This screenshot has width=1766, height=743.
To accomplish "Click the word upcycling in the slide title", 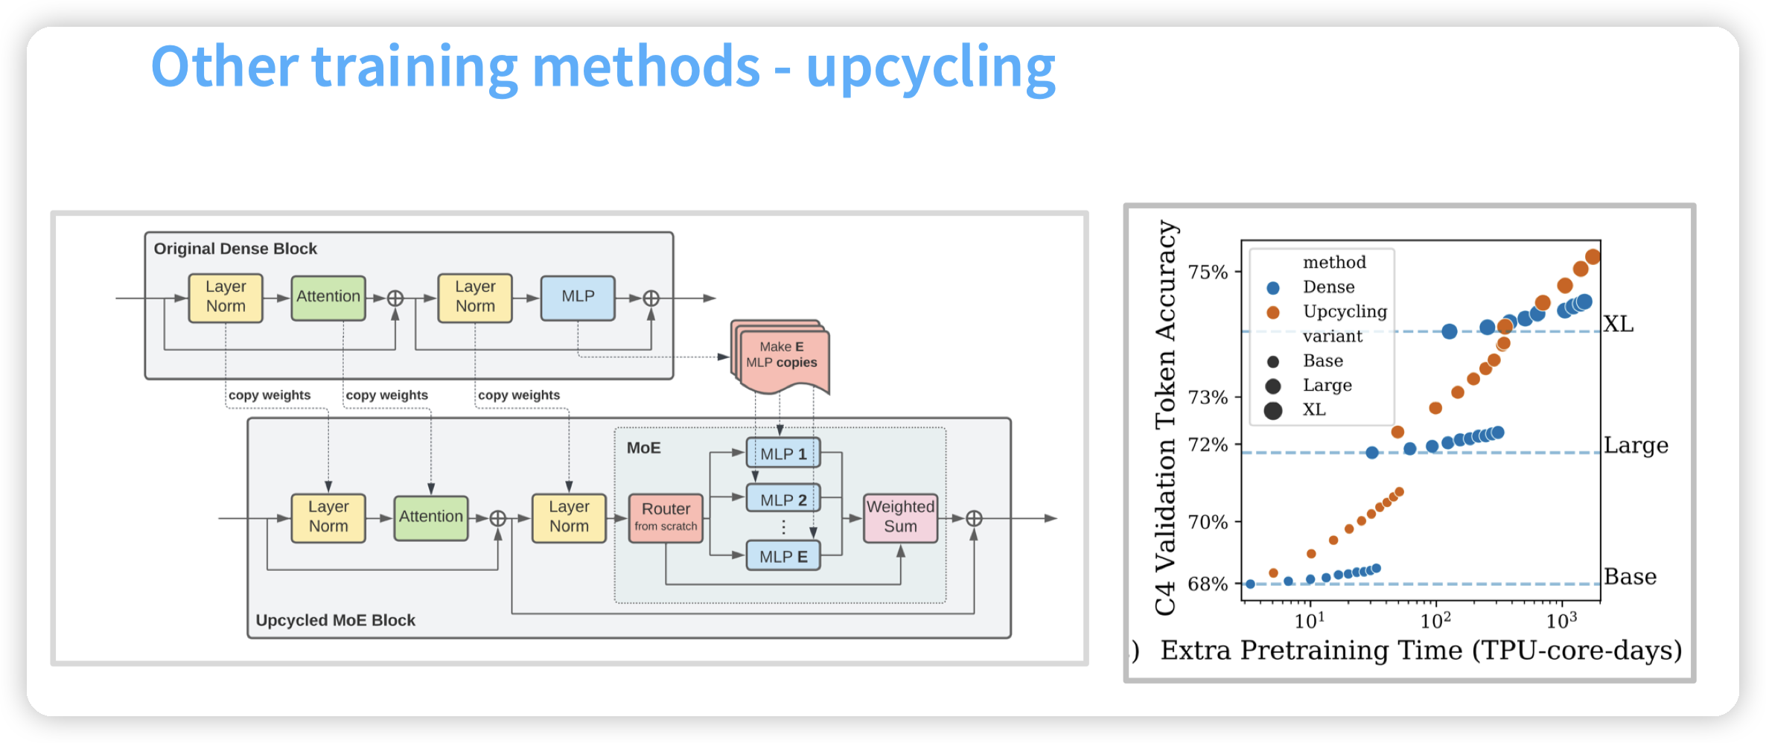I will click(x=931, y=68).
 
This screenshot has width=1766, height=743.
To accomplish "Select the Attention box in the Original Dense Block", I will click(x=328, y=297).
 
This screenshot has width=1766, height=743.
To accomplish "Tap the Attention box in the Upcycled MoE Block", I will click(x=430, y=517).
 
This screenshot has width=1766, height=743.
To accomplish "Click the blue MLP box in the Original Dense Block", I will click(x=578, y=297).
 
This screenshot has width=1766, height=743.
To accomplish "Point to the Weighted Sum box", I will click(x=900, y=517).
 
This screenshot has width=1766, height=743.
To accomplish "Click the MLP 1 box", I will click(x=783, y=453).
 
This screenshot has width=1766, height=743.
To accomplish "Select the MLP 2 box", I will click(x=783, y=500).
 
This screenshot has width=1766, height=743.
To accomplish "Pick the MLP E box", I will click(x=783, y=556).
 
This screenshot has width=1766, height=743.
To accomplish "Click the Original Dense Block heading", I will click(x=235, y=249).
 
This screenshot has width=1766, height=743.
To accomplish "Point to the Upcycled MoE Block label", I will click(x=335, y=620).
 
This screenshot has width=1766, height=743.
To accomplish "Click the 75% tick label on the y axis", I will click(x=1208, y=272).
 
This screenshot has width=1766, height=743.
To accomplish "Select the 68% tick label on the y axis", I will click(x=1208, y=584).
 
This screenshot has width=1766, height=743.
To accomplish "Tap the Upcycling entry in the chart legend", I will click(x=1345, y=311).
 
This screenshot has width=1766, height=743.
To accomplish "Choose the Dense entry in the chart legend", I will click(x=1328, y=287).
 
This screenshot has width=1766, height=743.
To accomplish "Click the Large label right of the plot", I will click(x=1636, y=445).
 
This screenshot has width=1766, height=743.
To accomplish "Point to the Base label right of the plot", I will click(x=1630, y=577).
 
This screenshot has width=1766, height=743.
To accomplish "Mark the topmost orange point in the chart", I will click(x=1593, y=257).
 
